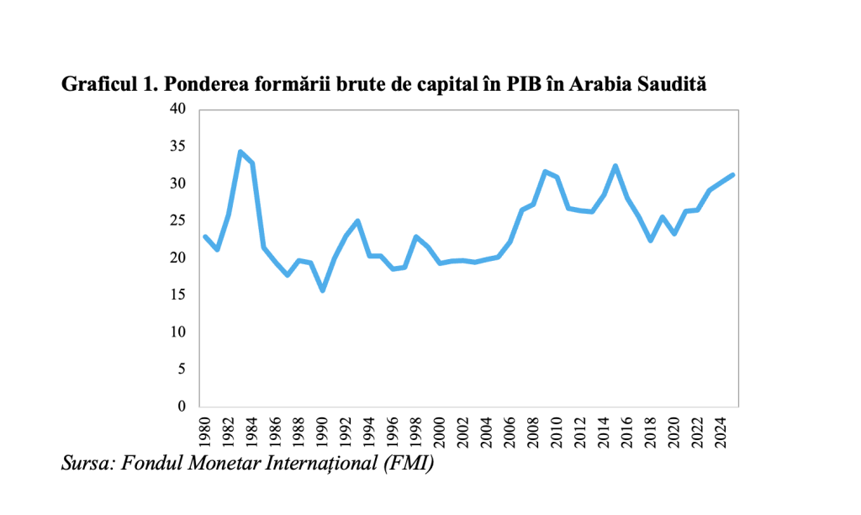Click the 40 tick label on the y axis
click(177, 109)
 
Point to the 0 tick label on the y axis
click(182, 406)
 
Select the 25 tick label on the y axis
click(177, 220)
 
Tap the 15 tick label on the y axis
click(177, 295)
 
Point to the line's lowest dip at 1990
click(322, 290)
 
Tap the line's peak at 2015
click(616, 166)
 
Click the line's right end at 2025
click(733, 174)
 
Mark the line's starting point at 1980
click(205, 236)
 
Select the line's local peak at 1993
click(358, 221)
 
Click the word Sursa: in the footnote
click(88, 463)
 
